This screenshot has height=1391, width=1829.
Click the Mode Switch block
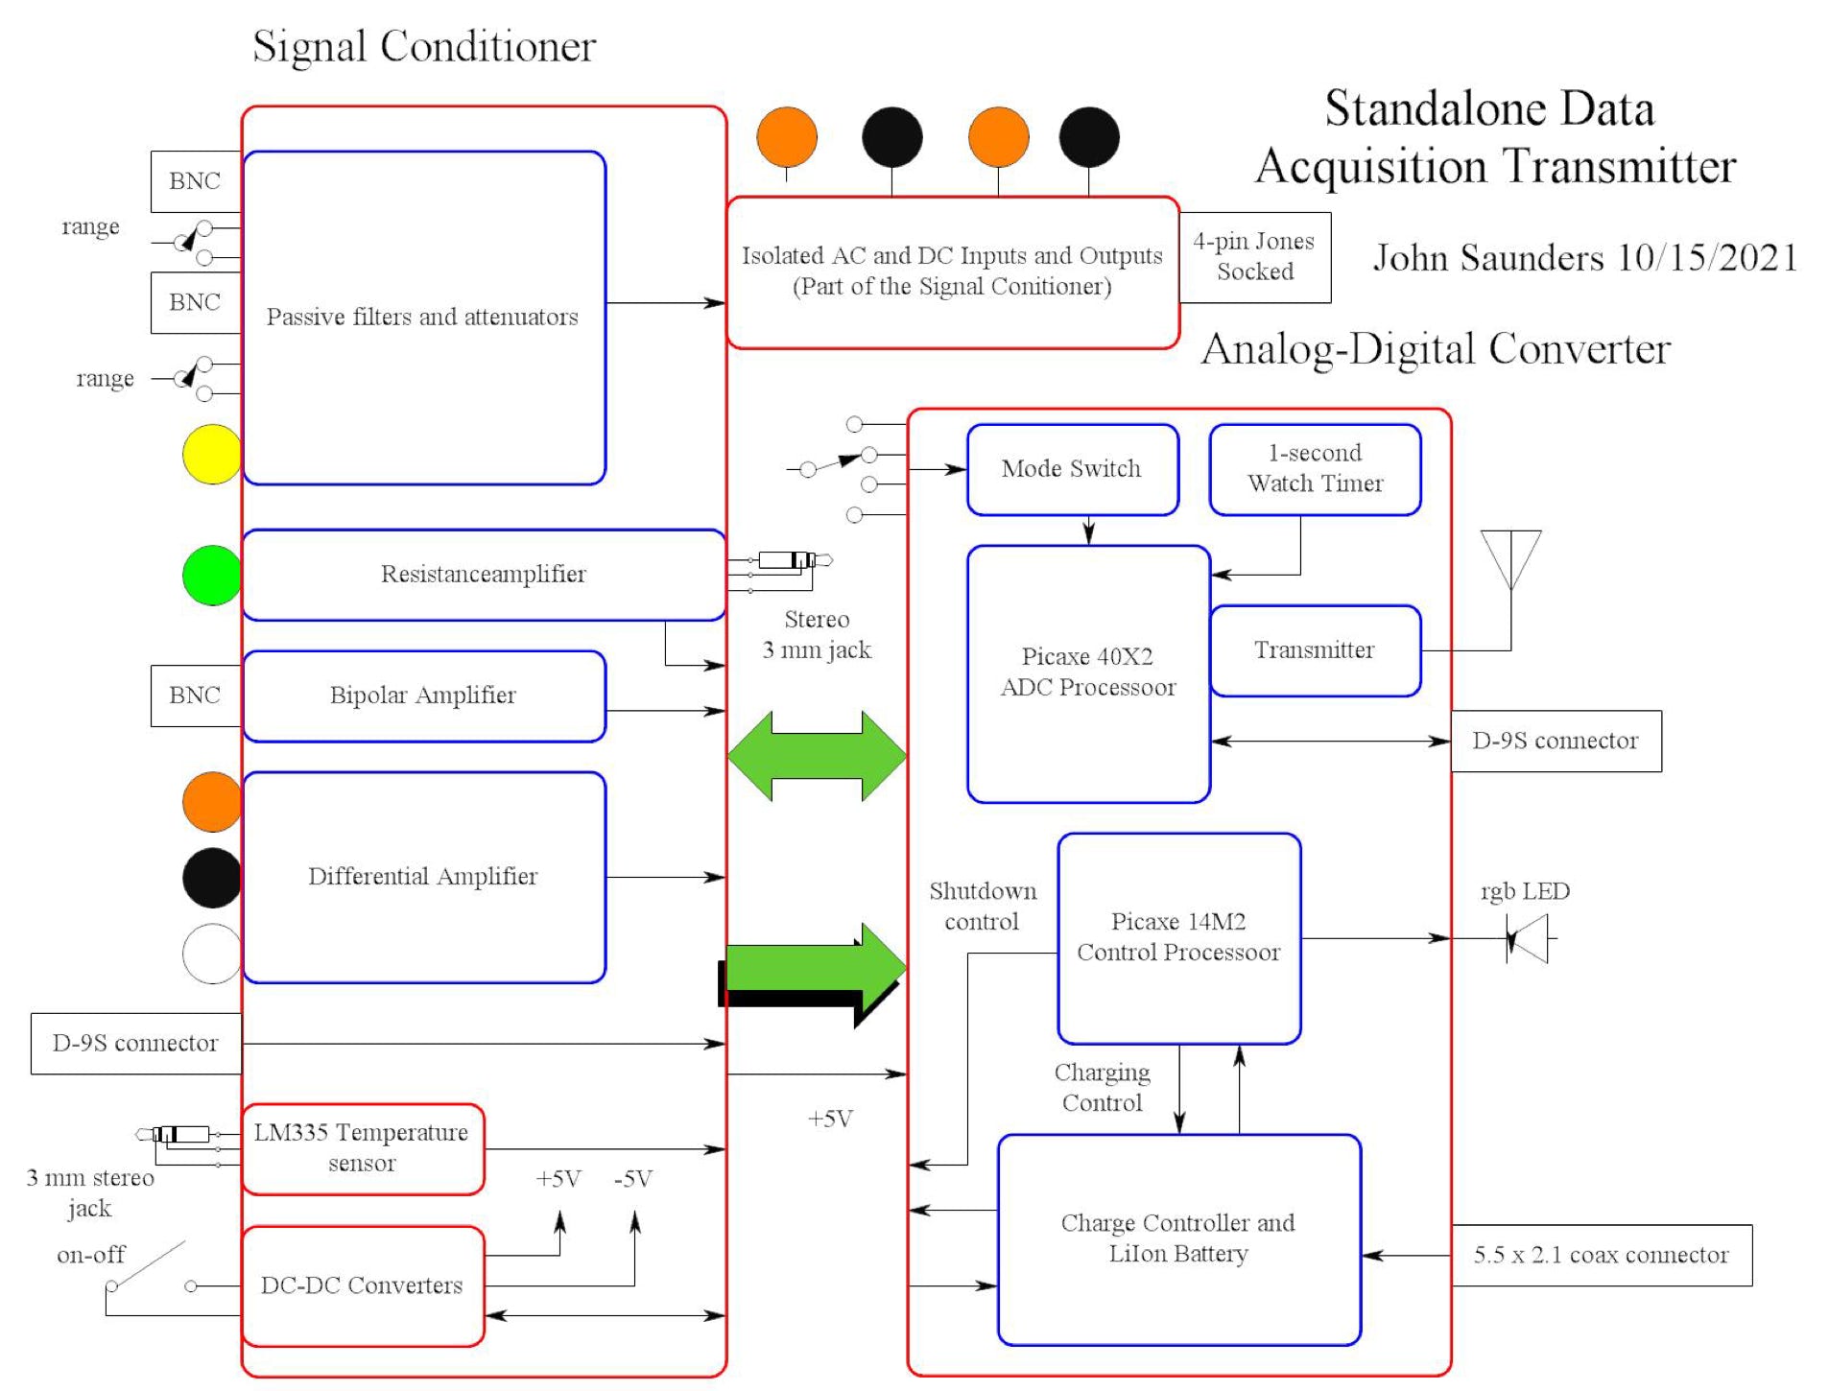coord(1072,469)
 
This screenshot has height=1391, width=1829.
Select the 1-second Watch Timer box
coord(1315,469)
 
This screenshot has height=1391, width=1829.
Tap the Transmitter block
coord(1315,650)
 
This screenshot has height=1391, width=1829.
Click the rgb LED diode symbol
coord(1528,938)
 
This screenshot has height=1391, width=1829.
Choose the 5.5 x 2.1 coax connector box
coord(1601,1255)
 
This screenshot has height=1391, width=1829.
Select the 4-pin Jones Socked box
coord(1254,257)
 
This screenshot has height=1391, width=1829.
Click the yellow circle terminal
coord(212,454)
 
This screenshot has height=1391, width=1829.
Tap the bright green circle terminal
coord(212,576)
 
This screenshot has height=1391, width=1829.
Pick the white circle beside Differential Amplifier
coord(212,954)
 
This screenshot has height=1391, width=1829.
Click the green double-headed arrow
coord(817,756)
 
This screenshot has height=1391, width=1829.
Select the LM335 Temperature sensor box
coord(363,1148)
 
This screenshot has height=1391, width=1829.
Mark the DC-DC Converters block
coord(363,1285)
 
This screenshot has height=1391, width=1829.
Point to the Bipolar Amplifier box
coord(424,695)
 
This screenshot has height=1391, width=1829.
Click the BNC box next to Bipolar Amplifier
coord(195,695)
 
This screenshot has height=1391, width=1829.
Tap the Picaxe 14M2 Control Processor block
coord(1178,937)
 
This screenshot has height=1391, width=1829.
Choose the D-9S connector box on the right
coord(1556,741)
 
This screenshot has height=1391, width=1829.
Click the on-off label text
coord(91,1255)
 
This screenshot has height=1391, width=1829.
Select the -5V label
coord(633,1179)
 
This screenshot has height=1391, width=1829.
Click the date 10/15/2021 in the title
coord(1707,258)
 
